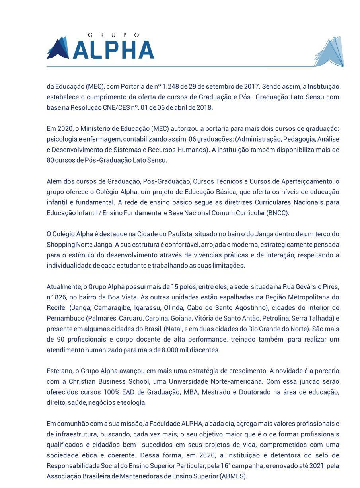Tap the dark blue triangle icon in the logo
(x=58, y=49)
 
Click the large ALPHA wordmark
(x=113, y=50)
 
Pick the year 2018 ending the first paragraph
(x=205, y=108)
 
